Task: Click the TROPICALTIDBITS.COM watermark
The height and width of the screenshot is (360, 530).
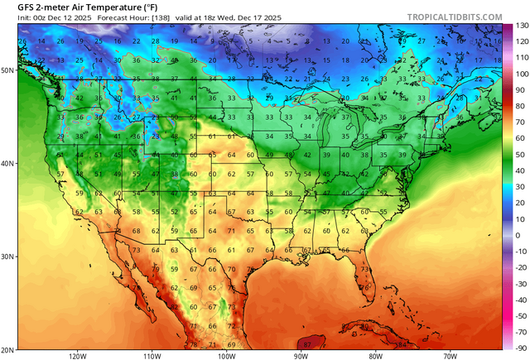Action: pos(455,17)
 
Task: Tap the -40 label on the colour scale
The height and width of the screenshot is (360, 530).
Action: pos(519,300)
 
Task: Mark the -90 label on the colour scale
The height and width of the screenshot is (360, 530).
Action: pos(519,348)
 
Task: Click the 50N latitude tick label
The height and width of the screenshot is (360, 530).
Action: pos(7,71)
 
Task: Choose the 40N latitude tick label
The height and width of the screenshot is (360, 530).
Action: pos(7,163)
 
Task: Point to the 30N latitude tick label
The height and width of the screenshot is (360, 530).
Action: pos(7,256)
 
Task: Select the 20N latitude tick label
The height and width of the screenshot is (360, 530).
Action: pos(7,348)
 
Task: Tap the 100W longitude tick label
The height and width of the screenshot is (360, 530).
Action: pos(226,355)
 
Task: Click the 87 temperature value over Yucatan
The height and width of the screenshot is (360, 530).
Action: pos(308,343)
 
